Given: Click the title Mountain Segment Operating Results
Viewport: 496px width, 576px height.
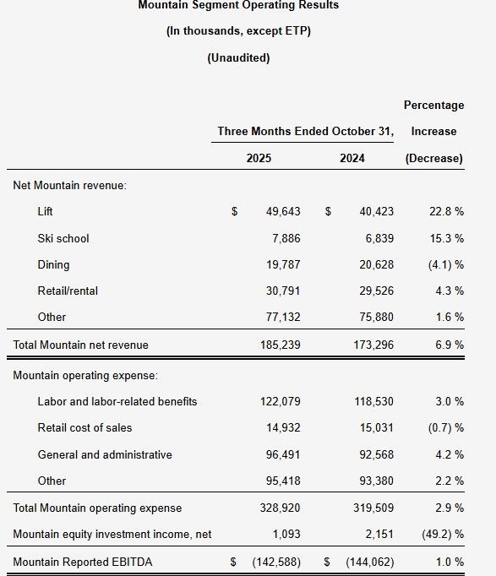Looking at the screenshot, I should click(238, 5).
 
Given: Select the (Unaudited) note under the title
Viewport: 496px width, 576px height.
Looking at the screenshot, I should click(238, 57).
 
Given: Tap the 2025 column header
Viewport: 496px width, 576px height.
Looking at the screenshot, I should click(259, 158).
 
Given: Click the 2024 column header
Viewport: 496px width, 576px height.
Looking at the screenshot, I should click(352, 158).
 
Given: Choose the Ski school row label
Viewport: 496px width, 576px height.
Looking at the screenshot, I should click(63, 238).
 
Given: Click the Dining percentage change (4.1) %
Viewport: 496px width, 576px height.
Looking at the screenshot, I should click(444, 264).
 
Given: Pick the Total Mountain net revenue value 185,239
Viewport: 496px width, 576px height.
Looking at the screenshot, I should click(279, 345).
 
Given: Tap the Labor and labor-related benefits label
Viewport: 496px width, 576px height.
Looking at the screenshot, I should click(117, 401).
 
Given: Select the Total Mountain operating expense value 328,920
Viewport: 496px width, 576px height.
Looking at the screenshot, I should click(279, 508).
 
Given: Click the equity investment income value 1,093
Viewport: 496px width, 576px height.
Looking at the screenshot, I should click(285, 534).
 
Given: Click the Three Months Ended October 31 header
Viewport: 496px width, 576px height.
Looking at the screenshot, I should click(305, 131).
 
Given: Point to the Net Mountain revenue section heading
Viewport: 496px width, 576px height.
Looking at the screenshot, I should click(69, 185).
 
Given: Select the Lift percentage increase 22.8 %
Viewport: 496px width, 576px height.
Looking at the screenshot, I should click(446, 211).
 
